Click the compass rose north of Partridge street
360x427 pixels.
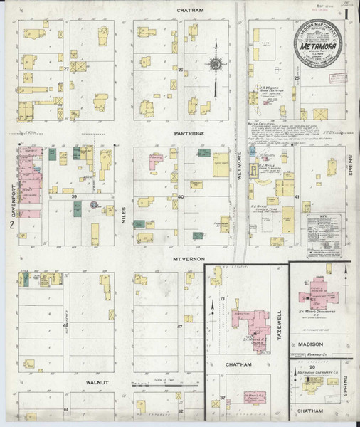216,65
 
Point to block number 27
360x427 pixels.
66,69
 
